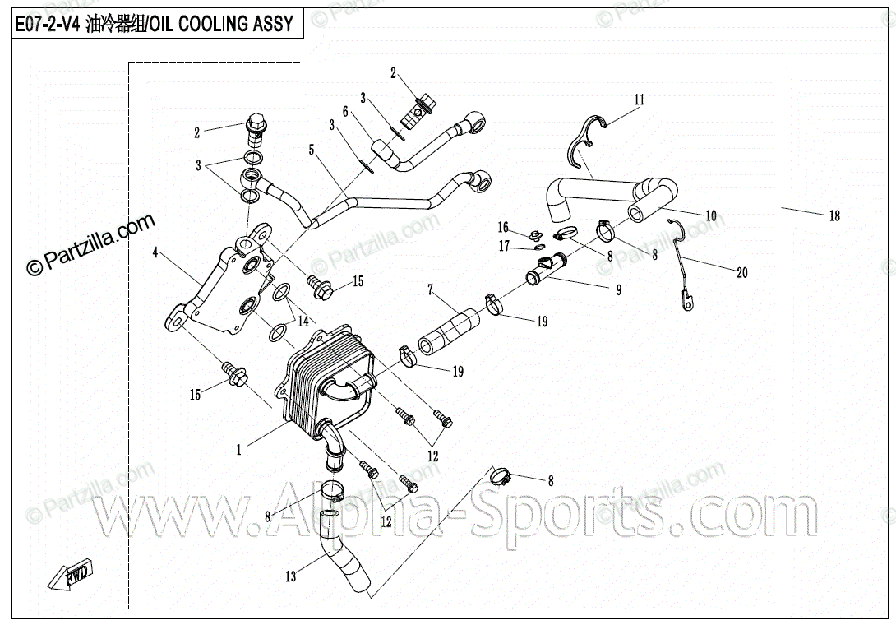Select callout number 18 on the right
coord(834,216)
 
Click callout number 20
coord(742,272)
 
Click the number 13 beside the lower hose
coord(290,576)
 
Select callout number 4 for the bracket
coord(155,253)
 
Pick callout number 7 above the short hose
coord(429,289)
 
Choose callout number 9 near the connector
coord(618,289)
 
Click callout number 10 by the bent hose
coord(711,215)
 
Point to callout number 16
coord(503,227)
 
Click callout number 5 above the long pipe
coord(312,150)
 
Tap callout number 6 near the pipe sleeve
coord(345,111)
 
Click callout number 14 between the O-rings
coord(303,320)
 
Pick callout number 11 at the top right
coord(640,100)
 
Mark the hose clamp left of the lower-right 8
coord(501,475)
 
